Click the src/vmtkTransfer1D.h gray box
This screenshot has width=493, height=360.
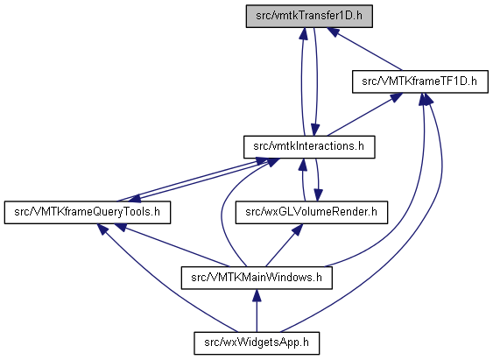point(309,16)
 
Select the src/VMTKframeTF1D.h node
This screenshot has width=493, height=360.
point(420,81)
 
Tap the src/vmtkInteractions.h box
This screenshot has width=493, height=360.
point(309,147)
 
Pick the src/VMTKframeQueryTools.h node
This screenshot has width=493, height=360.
point(88,213)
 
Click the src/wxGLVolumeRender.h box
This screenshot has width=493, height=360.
point(312,213)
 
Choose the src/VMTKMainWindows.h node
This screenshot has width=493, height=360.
point(257,278)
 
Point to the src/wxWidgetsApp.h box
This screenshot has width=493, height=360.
point(257,343)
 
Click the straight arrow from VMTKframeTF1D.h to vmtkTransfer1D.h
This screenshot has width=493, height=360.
point(364,49)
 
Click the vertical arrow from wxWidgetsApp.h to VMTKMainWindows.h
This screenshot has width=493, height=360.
point(257,311)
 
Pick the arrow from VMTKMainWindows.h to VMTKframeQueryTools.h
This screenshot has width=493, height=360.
point(173,245)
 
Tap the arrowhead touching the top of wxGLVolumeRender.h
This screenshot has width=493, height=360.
point(318,195)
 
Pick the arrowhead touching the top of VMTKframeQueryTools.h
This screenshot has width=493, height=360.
point(134,198)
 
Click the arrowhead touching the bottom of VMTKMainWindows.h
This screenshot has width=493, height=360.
point(257,295)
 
